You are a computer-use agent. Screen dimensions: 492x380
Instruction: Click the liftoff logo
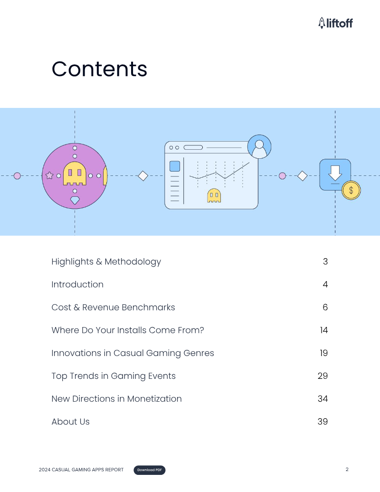(x=335, y=23)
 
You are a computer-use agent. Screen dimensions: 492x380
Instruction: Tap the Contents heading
(x=99, y=69)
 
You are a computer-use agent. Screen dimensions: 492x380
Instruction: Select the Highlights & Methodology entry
(x=106, y=261)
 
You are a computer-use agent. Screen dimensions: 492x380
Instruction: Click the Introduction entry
(x=77, y=284)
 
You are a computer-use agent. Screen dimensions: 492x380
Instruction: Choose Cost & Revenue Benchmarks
(x=113, y=307)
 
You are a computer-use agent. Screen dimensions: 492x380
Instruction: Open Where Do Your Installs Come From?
(x=127, y=330)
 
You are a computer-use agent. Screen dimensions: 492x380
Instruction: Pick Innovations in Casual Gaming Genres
(x=133, y=353)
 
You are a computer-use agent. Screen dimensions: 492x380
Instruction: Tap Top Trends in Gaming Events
(x=114, y=376)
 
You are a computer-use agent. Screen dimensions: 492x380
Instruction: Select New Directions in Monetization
(x=116, y=398)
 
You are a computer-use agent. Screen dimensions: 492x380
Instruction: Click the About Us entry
(x=70, y=421)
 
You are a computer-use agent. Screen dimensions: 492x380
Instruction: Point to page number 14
(x=323, y=330)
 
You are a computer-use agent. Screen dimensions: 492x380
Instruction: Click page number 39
(x=323, y=421)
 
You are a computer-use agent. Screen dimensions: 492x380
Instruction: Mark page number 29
(x=323, y=376)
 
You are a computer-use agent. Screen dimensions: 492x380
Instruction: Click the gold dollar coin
(x=351, y=190)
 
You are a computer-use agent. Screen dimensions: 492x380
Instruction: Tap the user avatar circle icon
(x=259, y=146)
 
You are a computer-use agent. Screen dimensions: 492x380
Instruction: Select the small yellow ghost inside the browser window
(x=214, y=195)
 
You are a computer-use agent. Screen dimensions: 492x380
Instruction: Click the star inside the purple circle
(x=49, y=175)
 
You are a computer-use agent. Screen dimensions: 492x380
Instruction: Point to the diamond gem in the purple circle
(x=75, y=200)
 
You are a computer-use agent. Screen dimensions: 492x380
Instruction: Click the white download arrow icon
(x=335, y=172)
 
